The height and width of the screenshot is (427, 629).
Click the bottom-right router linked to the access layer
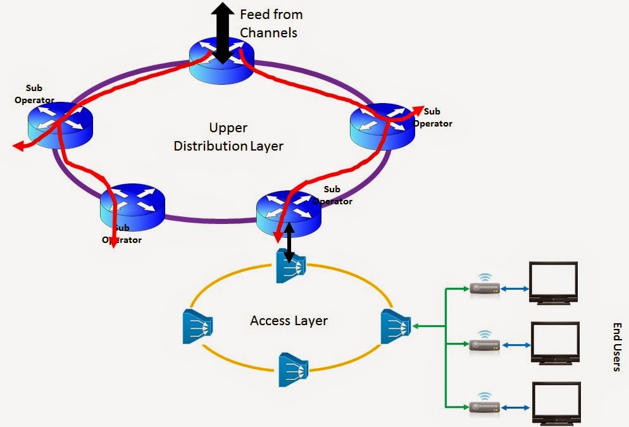pyautogui.click(x=288, y=211)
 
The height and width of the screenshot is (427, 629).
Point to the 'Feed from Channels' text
pyautogui.click(x=271, y=23)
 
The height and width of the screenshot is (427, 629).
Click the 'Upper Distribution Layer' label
pyautogui.click(x=228, y=137)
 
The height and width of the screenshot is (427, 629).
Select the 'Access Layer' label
pyautogui.click(x=289, y=321)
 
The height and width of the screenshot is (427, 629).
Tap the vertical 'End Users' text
pyautogui.click(x=616, y=346)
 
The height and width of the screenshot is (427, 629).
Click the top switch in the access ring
pyautogui.click(x=291, y=266)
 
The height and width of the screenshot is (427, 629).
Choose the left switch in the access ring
pyautogui.click(x=197, y=326)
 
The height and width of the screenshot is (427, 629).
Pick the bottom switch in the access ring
pyautogui.click(x=293, y=369)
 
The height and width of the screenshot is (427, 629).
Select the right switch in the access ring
pyautogui.click(x=395, y=327)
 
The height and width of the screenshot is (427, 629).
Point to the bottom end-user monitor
pyautogui.click(x=555, y=402)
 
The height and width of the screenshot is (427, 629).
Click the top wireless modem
pyautogui.click(x=484, y=287)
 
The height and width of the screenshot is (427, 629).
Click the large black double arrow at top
pyautogui.click(x=222, y=32)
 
